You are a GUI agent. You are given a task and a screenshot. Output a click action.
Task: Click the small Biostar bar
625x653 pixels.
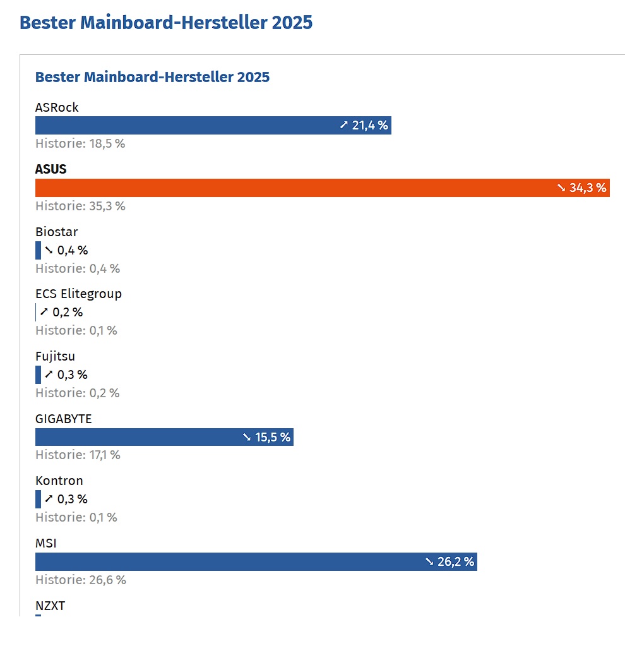38,250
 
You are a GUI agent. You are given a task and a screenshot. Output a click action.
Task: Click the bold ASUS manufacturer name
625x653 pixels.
51,169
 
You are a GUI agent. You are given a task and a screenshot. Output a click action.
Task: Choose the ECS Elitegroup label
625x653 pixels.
78,294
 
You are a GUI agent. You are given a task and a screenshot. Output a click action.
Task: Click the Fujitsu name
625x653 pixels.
55,356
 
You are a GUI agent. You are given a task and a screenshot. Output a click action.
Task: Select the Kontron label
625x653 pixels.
59,481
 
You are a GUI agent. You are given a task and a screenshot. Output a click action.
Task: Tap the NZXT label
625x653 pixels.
50,606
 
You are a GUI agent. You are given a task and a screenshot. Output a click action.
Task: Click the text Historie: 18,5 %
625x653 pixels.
80,143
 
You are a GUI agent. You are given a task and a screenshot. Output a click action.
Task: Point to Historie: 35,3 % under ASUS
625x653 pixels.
80,206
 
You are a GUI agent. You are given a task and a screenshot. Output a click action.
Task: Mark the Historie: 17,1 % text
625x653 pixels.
78,455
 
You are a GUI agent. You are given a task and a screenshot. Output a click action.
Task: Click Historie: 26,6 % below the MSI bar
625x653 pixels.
80,580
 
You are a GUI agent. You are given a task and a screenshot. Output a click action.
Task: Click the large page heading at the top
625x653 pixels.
166,22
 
